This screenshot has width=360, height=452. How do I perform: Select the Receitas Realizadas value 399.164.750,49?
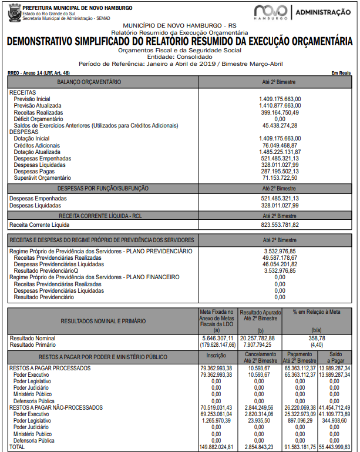click(x=279, y=112)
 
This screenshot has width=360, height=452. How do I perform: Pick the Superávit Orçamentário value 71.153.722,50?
click(x=280, y=178)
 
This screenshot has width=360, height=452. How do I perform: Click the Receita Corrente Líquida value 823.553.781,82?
click(x=279, y=225)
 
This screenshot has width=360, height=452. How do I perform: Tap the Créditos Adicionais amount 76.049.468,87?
click(x=280, y=145)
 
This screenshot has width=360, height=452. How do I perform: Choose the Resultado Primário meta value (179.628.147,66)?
click(x=217, y=345)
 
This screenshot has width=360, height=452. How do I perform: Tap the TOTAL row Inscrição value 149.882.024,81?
click(x=217, y=447)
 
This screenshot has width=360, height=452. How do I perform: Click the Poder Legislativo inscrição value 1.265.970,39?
click(x=217, y=421)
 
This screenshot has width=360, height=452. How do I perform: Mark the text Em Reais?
click(x=341, y=72)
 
